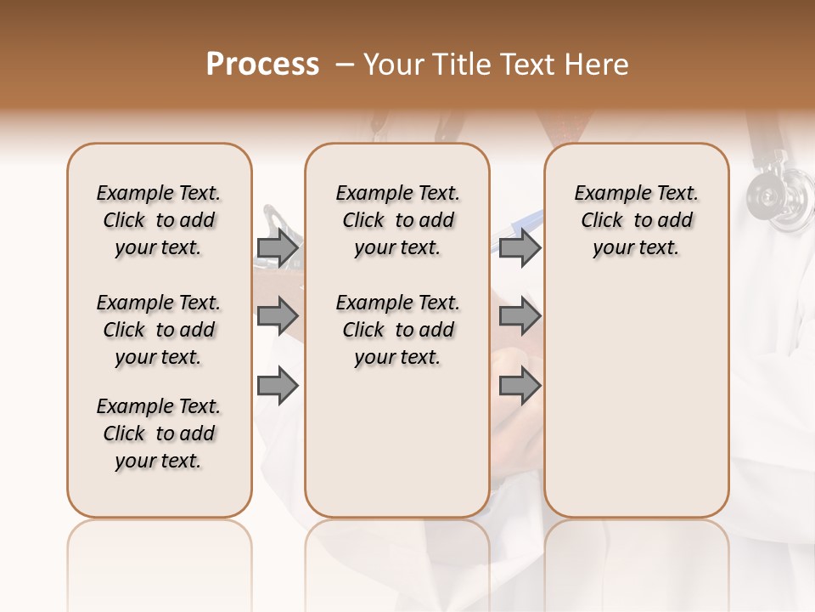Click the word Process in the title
point(262,65)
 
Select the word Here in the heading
point(599,65)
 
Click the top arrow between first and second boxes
point(278,247)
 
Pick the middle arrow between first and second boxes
point(278,316)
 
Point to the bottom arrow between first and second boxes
point(278,385)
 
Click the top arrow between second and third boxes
point(520,247)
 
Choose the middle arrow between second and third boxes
point(520,316)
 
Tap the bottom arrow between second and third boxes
point(520,385)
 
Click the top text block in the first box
point(159,220)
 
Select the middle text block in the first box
point(159,330)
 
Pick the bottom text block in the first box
point(159,433)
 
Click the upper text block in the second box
point(398,220)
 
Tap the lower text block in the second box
point(398,330)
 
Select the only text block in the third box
point(637,220)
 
